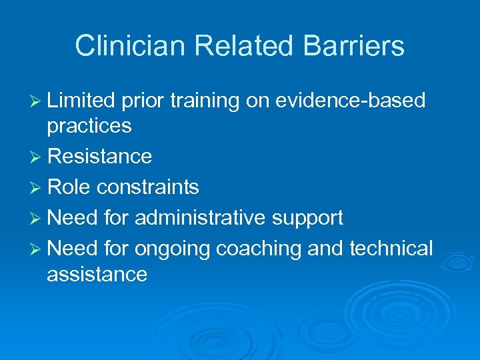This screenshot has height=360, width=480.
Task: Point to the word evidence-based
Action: (351, 100)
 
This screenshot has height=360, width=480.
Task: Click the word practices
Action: (89, 126)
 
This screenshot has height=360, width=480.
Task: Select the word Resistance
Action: (100, 157)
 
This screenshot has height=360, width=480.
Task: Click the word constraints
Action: (147, 187)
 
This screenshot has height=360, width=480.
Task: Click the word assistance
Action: (97, 273)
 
